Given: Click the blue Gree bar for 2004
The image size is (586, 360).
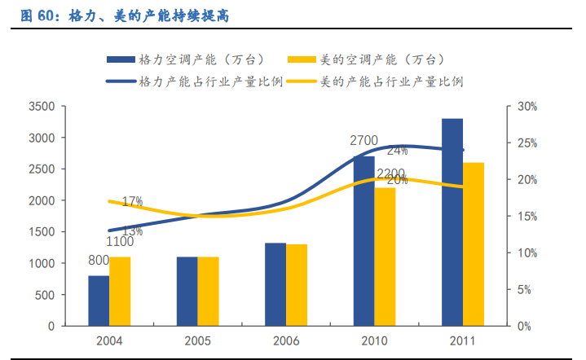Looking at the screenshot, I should (x=99, y=301).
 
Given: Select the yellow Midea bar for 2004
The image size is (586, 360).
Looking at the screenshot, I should (x=120, y=292).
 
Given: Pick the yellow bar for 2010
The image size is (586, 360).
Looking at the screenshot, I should (x=385, y=257).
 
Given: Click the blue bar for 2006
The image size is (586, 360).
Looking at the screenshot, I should (x=275, y=284).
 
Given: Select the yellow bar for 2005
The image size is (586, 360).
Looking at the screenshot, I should (x=209, y=292).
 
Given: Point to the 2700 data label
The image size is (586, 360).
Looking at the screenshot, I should (x=363, y=141).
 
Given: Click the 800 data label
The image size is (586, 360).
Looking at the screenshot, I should (x=99, y=261).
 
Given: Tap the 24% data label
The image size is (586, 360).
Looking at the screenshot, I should (x=398, y=151).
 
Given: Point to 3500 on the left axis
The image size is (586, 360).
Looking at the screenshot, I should (x=41, y=107).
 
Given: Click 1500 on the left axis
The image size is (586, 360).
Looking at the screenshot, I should (x=41, y=232).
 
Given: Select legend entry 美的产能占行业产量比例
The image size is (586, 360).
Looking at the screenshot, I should (x=391, y=81).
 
